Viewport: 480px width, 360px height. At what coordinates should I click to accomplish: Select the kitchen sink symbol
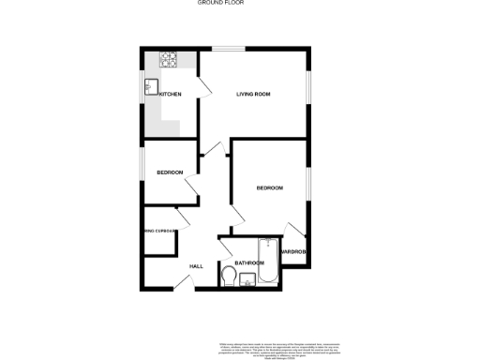[150, 88]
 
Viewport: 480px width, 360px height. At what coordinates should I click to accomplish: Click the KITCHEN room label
[171, 95]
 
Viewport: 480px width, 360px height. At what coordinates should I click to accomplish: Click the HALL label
[196, 266]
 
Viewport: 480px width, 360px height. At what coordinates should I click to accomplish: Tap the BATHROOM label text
[249, 263]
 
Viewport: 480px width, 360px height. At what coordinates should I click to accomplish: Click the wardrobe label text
[295, 251]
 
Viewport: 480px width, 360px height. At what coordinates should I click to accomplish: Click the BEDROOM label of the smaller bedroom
[170, 172]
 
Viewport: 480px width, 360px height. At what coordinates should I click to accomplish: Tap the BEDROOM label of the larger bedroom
[270, 188]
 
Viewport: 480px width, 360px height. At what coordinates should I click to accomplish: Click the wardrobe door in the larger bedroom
[294, 230]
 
